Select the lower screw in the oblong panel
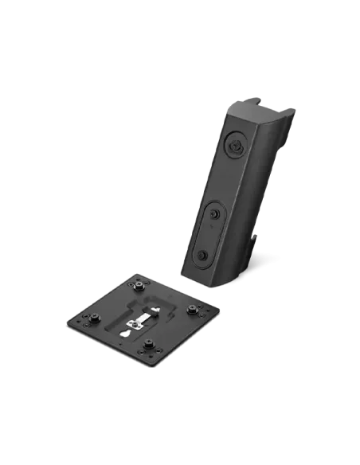coord(202,255)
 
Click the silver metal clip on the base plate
coord(136,320)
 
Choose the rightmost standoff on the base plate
coord(191,311)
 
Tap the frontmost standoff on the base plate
coord(147,348)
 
